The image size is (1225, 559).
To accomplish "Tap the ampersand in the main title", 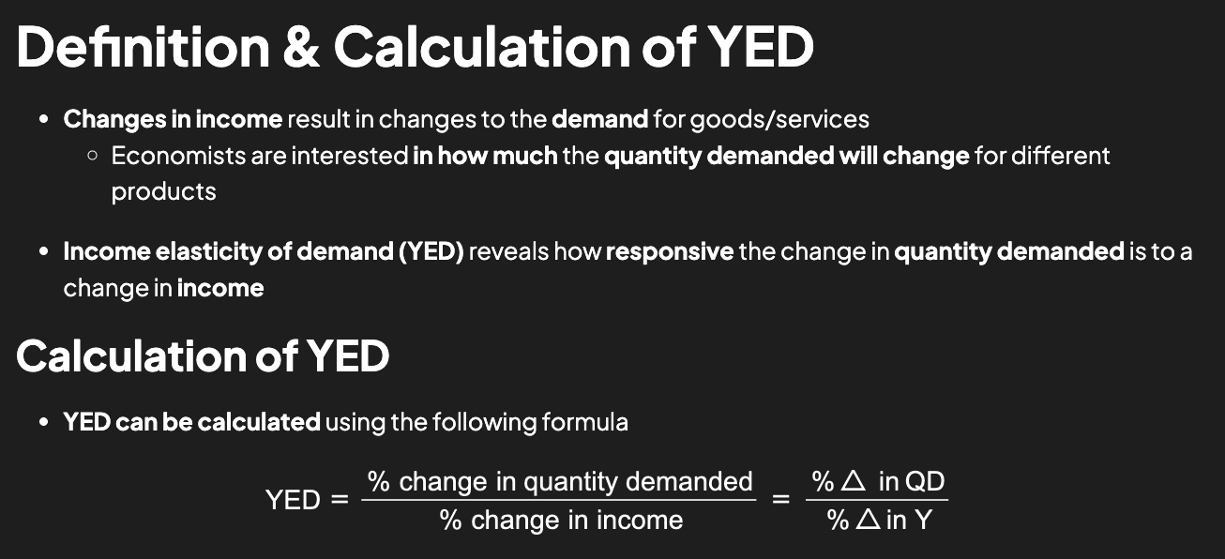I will [x=300, y=47].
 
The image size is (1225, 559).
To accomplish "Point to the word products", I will [x=163, y=191].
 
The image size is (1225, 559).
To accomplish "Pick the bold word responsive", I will [x=670, y=251].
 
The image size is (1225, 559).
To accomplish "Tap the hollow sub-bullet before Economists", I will [x=92, y=156].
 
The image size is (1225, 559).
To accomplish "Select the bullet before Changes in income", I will [x=44, y=120].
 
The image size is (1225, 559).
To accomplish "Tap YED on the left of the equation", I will [x=293, y=500].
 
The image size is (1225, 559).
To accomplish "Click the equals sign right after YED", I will [x=340, y=500].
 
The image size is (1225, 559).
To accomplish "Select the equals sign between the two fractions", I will [x=780, y=500].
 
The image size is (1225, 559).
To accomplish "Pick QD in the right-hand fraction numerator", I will [x=925, y=482].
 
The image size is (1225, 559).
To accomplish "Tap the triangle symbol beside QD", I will [x=853, y=482].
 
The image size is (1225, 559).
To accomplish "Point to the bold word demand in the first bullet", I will [x=600, y=120].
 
